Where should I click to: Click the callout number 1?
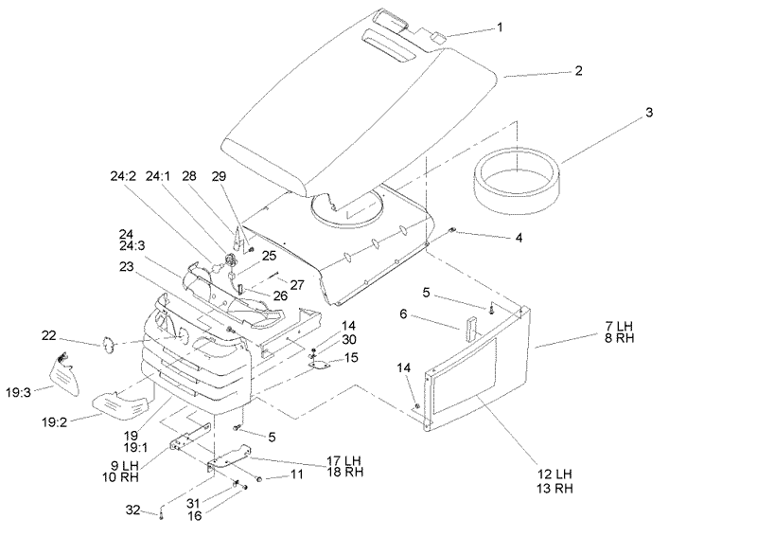500,27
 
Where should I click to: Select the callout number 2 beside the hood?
578,71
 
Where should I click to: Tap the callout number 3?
649,112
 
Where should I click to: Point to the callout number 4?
519,238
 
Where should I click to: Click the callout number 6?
403,314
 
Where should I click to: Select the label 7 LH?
620,326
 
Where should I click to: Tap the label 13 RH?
555,488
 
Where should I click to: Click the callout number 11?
296,474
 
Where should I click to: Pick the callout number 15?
351,358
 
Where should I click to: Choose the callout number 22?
49,335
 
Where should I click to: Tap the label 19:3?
18,392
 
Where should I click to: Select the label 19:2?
55,422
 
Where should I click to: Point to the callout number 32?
132,510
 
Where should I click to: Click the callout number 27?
297,285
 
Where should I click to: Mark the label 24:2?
123,176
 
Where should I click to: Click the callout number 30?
349,340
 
